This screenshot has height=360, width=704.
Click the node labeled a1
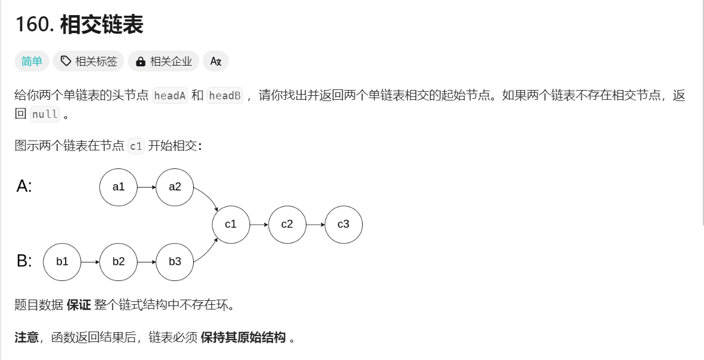118,187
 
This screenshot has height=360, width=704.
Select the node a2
175,187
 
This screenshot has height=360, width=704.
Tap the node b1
62,262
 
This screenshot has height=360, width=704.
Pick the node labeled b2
118,262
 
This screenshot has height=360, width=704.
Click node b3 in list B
175,262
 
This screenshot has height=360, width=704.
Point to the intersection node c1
231,224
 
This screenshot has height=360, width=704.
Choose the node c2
287,224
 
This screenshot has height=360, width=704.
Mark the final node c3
344,224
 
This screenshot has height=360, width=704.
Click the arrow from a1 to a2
146,187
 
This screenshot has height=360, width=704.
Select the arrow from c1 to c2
259,224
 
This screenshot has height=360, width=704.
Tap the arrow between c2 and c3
315,224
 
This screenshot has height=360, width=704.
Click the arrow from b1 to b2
90,262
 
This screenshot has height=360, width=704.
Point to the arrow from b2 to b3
146,262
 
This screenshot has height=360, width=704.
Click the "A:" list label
24,186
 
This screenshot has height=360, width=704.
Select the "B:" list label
24,261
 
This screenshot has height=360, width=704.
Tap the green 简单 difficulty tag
32,61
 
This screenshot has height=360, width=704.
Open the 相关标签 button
89,61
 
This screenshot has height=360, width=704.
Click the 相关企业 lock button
164,61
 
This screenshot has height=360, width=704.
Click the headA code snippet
169,96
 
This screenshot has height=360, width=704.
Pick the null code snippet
45,114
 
